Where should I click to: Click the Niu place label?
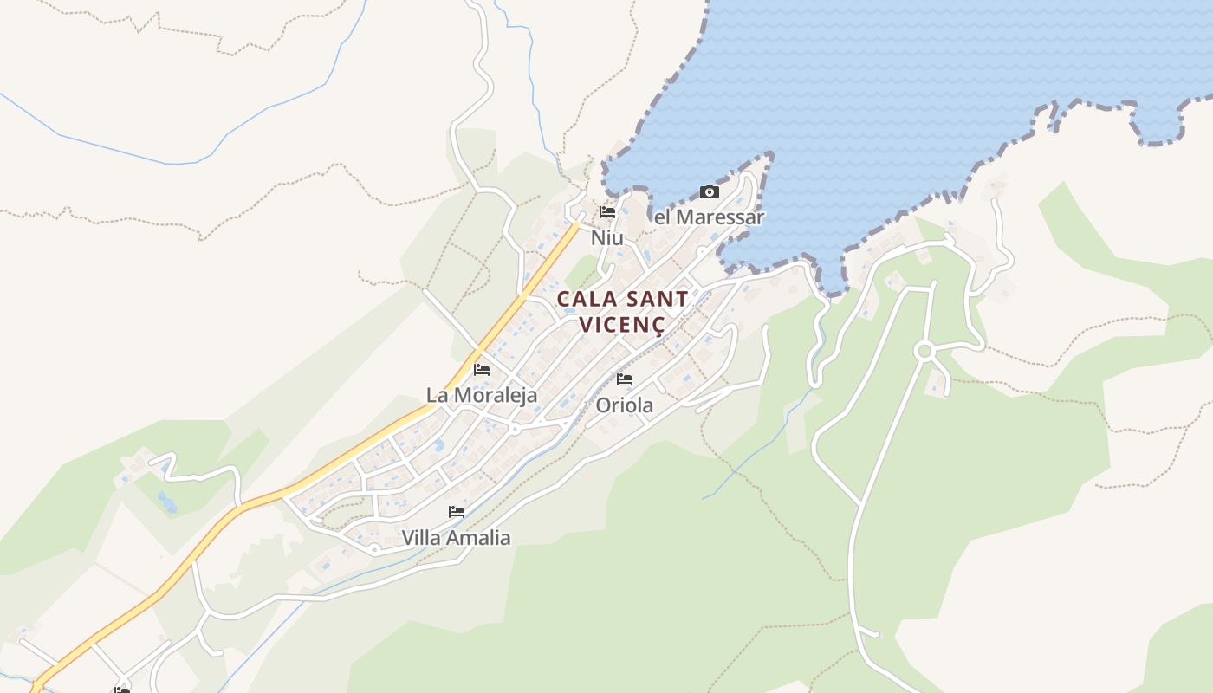coord(606,237)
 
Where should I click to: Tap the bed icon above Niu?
coord(606,211)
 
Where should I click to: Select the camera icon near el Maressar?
coord(709,191)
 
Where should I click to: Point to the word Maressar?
coord(719,217)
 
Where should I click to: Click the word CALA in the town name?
coord(587,300)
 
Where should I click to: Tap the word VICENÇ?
coord(622,326)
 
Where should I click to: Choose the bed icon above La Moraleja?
coord(482,369)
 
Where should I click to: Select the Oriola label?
coord(624,405)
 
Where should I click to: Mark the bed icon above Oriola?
coord(624,379)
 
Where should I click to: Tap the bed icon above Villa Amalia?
coord(457,512)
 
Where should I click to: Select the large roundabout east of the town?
coord(924,351)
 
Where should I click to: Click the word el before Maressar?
coord(663,217)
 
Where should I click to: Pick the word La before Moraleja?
coord(438,395)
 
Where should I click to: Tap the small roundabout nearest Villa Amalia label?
coord(374,549)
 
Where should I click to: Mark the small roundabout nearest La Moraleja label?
coord(514,429)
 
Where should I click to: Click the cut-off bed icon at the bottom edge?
coord(121,690)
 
